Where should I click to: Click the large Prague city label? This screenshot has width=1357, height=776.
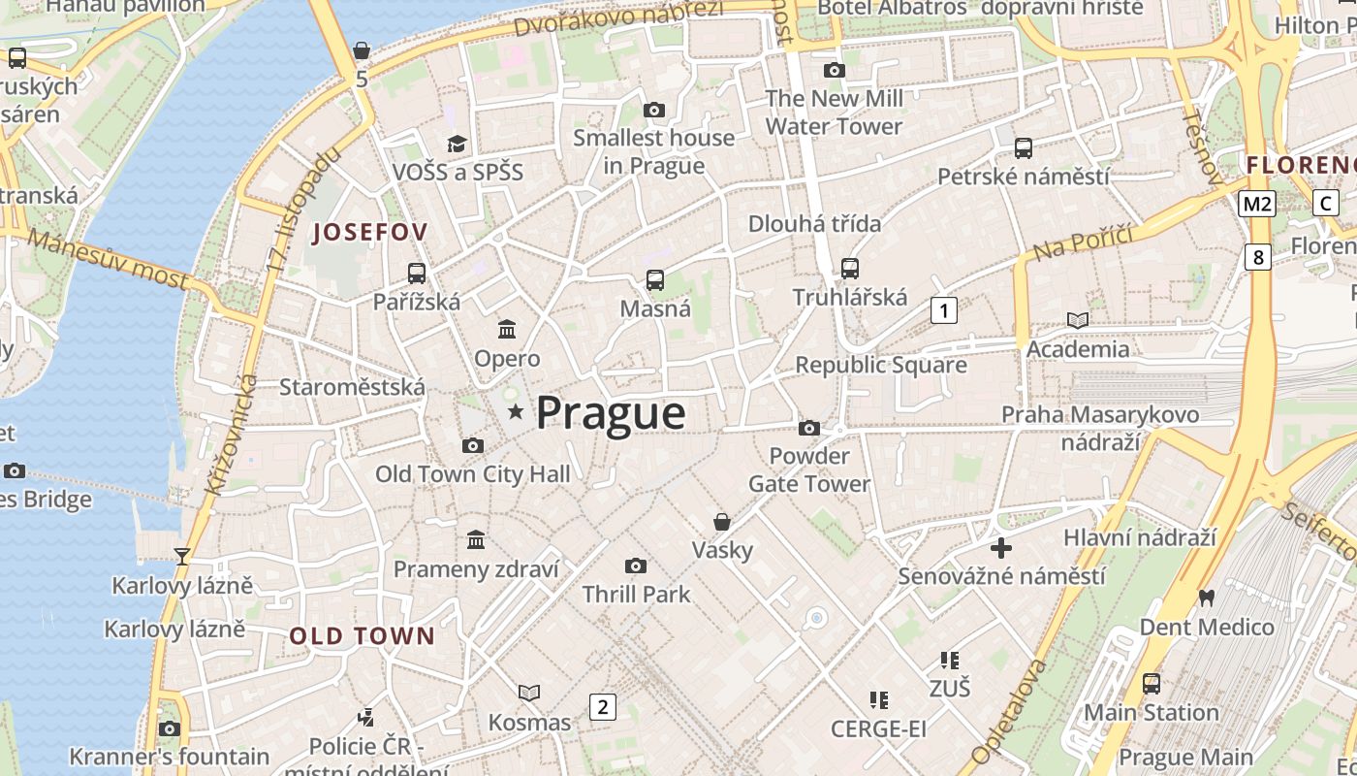point(611,413)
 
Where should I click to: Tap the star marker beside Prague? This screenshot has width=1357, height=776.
point(516,412)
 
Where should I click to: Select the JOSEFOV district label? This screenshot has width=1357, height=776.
point(369,233)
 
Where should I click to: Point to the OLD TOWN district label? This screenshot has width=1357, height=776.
point(363,636)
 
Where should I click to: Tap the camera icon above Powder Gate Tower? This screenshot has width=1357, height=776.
point(809,428)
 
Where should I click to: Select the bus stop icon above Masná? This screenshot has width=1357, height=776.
point(655,280)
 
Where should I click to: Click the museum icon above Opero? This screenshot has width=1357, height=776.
point(507,330)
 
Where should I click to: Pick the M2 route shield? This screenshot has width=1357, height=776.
point(1257,204)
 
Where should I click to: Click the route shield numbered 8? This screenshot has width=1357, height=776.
point(1258,257)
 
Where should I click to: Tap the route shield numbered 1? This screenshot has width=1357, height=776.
point(943,310)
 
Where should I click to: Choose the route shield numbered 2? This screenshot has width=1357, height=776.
point(603,706)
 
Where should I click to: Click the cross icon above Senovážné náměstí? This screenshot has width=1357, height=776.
point(1001,548)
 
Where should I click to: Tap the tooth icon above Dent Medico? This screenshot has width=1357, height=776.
point(1207,598)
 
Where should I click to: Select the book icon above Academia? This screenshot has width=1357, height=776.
point(1078,320)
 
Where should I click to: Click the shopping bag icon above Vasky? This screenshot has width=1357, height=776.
point(722,522)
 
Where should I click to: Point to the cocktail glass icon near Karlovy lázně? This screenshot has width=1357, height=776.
point(181,556)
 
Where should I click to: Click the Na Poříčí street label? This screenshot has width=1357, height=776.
point(1083,242)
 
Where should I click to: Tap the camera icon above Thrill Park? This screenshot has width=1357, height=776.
point(636,566)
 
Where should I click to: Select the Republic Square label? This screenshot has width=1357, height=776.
point(881,365)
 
